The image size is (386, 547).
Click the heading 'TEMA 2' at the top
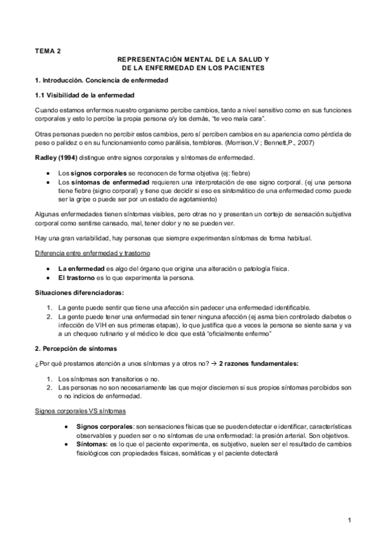coord(48,49)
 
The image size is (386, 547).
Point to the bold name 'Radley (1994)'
coord(58,158)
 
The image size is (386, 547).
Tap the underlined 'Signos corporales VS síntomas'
coord(81,411)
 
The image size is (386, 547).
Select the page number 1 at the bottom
coord(349,520)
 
